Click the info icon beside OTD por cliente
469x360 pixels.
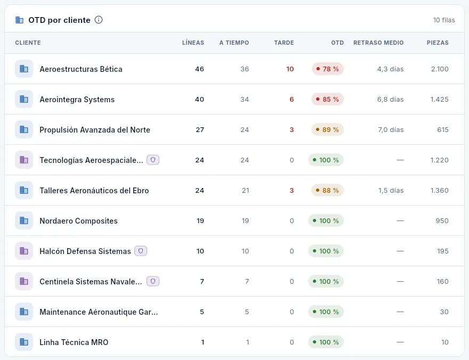(99, 20)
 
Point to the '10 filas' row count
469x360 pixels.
(444, 20)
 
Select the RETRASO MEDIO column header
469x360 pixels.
(378, 43)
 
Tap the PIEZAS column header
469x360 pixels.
(438, 43)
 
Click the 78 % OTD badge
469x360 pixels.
(328, 69)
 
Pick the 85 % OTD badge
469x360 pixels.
(328, 100)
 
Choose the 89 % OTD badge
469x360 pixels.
(328, 129)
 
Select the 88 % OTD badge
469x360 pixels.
(328, 190)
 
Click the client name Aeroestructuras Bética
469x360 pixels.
(81, 69)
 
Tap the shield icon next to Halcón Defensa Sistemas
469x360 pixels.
(141, 251)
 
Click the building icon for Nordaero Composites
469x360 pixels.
(24, 221)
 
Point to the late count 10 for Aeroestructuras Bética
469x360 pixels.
(290, 69)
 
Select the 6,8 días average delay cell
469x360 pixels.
(390, 100)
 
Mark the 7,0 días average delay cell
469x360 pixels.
(391, 129)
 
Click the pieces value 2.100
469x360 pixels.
(440, 69)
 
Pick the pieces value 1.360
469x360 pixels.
(439, 190)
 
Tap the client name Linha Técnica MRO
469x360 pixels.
(74, 342)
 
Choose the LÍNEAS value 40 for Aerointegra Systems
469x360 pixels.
(199, 100)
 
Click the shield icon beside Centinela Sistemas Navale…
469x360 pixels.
(153, 281)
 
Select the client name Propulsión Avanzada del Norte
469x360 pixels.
(95, 129)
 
